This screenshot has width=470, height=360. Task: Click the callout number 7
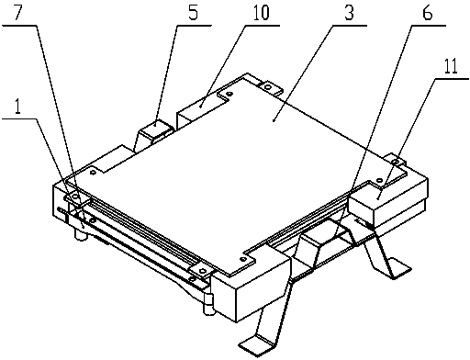tap(17, 13)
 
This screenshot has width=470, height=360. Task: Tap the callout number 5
tap(193, 12)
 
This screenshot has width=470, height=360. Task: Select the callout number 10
tap(261, 12)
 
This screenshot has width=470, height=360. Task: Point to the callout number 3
tap(349, 12)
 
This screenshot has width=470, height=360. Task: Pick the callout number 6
tap(428, 12)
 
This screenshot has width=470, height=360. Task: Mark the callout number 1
tap(17, 107)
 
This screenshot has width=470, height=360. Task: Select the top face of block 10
tap(202, 105)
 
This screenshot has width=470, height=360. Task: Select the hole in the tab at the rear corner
tap(268, 87)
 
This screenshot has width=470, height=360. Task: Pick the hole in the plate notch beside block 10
tap(229, 94)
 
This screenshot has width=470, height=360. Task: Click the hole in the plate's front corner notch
tap(243, 260)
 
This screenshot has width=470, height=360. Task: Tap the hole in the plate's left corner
tap(93, 173)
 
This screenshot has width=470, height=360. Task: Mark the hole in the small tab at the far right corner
tap(396, 162)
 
